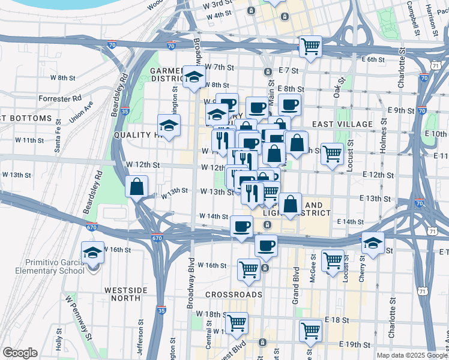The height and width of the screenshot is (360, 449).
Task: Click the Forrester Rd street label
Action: coord(59,98)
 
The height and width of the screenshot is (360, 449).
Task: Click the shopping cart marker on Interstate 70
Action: coord(310,47)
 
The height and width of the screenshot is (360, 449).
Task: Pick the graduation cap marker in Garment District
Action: coord(194,79)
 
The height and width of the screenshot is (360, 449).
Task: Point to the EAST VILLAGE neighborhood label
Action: coord(342,124)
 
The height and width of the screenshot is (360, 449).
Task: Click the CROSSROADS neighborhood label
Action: coord(234,295)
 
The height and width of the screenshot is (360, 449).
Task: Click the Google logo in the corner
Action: coord(20,353)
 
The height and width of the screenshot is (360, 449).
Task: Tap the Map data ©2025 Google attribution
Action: coord(411,355)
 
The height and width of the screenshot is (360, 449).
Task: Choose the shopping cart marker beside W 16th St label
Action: coord(249,269)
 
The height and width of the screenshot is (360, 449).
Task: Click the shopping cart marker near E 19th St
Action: coord(310,330)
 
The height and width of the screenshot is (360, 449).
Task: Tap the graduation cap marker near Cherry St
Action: coord(373,243)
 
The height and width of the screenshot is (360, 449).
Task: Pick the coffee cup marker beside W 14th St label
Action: coord(241,227)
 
